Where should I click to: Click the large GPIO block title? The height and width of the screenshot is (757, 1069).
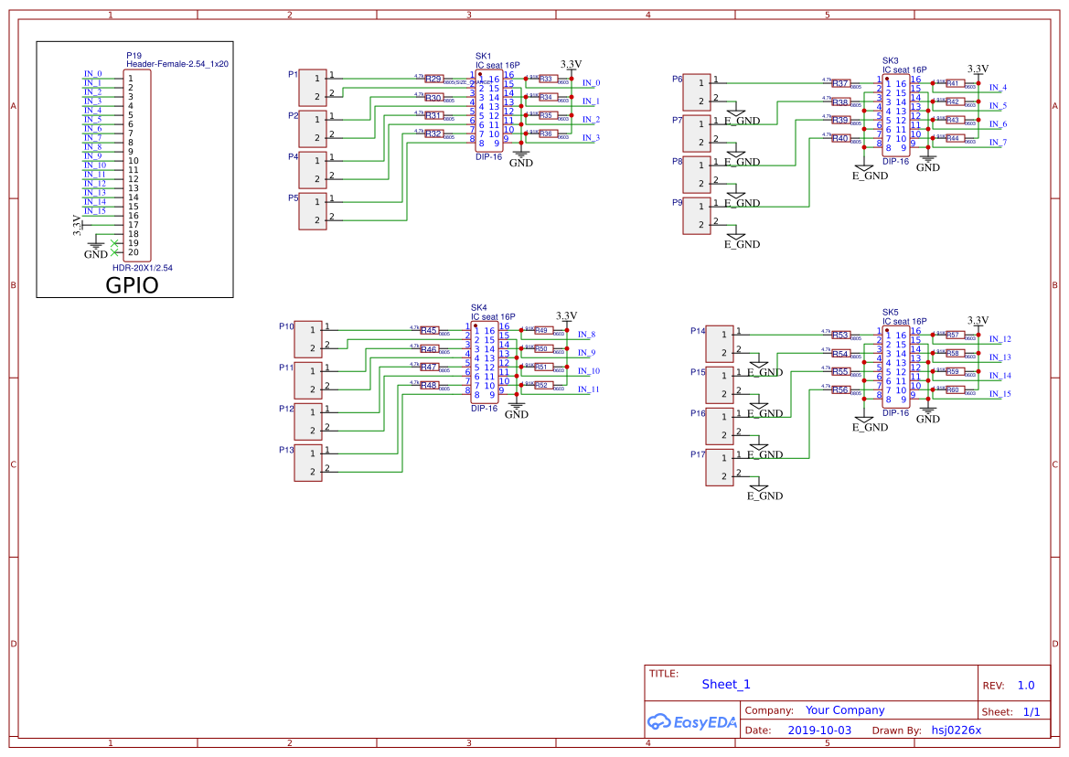132,284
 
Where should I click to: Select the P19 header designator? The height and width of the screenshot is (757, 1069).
134,56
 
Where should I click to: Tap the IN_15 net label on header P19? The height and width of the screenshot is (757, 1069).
95,211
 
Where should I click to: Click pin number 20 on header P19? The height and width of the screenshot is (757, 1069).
134,252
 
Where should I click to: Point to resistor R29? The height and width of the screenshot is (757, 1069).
433,79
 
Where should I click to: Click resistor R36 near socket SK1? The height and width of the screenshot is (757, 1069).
546,134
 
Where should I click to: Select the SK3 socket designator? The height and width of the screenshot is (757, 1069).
890,60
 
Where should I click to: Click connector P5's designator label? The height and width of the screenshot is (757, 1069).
293,197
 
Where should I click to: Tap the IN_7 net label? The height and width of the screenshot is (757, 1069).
998,143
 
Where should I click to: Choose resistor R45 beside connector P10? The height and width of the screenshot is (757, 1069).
429,331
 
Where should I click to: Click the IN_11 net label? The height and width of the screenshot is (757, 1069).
588,389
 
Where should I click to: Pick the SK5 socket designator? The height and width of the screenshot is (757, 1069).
890,312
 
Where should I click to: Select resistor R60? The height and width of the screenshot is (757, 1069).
952,390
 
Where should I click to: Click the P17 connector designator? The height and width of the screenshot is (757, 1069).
698,454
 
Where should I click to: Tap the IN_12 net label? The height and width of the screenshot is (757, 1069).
1000,339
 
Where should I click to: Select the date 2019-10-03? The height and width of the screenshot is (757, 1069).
818,730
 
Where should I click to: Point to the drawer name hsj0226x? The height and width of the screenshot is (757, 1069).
956,730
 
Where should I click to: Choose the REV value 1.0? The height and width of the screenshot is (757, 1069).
1025,685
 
